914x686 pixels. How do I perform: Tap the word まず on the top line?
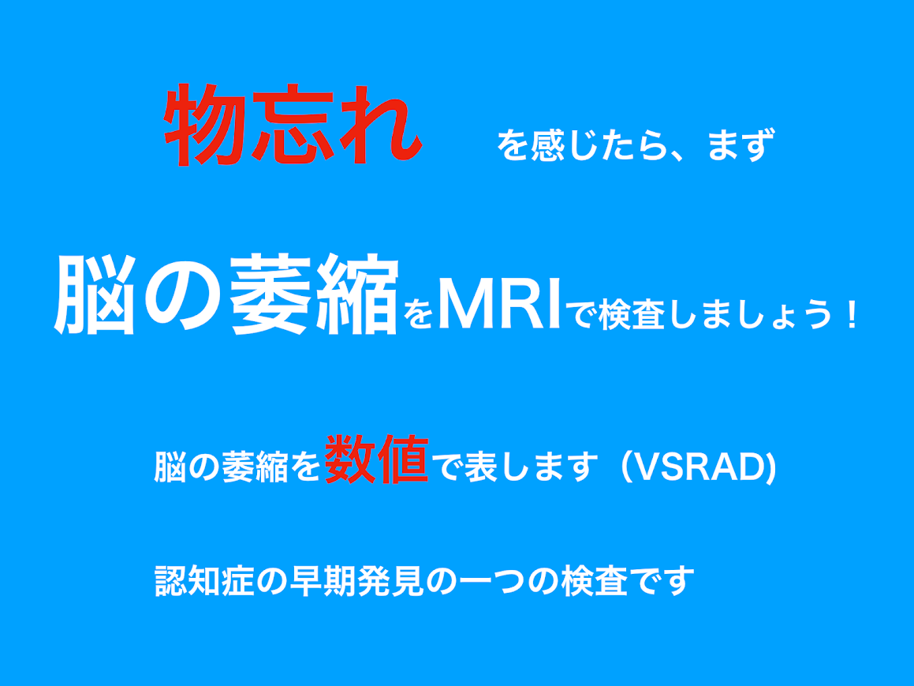pyautogui.click(x=741, y=144)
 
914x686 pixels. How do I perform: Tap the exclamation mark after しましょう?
pyautogui.click(x=852, y=314)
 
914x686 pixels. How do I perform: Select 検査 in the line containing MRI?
pyautogui.click(x=632, y=314)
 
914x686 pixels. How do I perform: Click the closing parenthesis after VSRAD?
pyautogui.click(x=770, y=467)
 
